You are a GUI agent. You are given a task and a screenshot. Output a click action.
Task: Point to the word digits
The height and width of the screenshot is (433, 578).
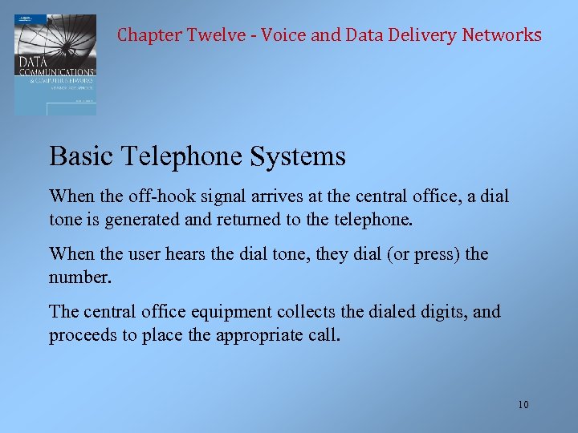(439, 312)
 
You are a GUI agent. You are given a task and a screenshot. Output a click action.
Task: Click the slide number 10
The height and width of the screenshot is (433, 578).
(523, 404)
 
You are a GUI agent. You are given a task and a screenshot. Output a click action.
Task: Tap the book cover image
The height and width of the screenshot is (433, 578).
(55, 64)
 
